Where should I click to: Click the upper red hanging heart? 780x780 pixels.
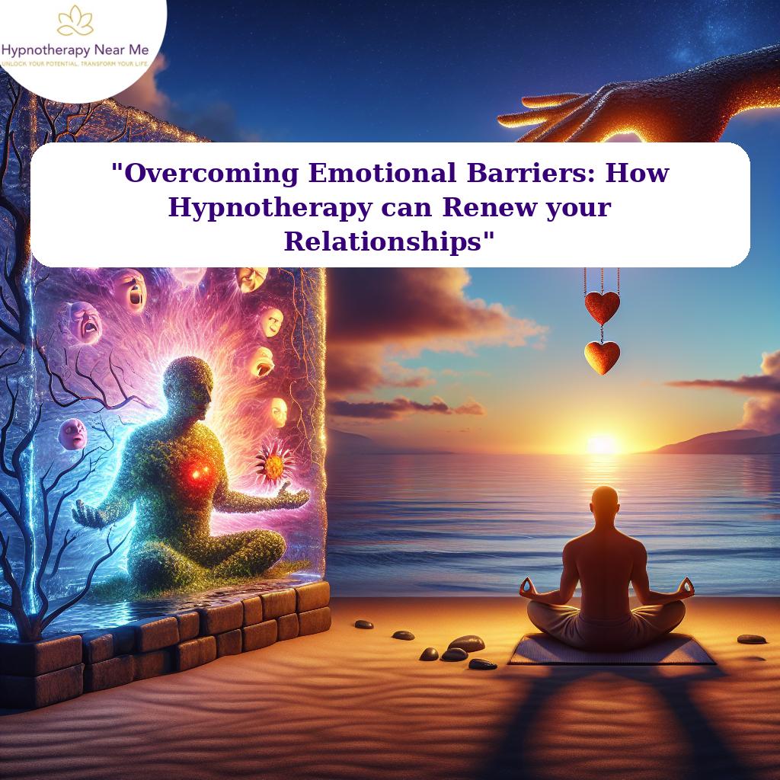coord(602,306)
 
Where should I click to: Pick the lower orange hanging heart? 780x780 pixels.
coord(602,356)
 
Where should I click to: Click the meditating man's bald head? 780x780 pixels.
coord(603,503)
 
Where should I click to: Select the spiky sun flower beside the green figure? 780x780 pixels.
coord(274,462)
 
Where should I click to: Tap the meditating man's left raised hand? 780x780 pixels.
coord(526,587)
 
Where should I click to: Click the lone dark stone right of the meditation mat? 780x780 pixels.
coord(752,638)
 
